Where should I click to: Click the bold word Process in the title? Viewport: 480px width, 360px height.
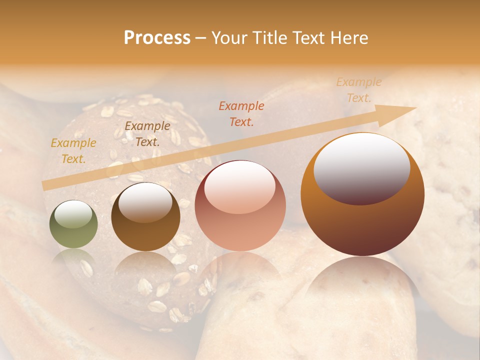tap(157, 38)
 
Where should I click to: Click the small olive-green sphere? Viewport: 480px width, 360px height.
tap(73, 225)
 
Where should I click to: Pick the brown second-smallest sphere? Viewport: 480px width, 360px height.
tap(145, 217)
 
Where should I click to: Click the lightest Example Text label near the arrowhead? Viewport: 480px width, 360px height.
tap(358, 90)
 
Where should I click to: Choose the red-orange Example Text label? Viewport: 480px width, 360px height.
tap(241, 113)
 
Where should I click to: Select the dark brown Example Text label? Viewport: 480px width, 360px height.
tap(147, 133)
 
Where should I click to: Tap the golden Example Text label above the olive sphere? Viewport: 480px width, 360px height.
tap(73, 150)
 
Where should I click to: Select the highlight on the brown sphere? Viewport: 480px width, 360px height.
tap(145, 202)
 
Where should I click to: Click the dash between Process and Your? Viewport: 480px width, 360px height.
tap(201, 38)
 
